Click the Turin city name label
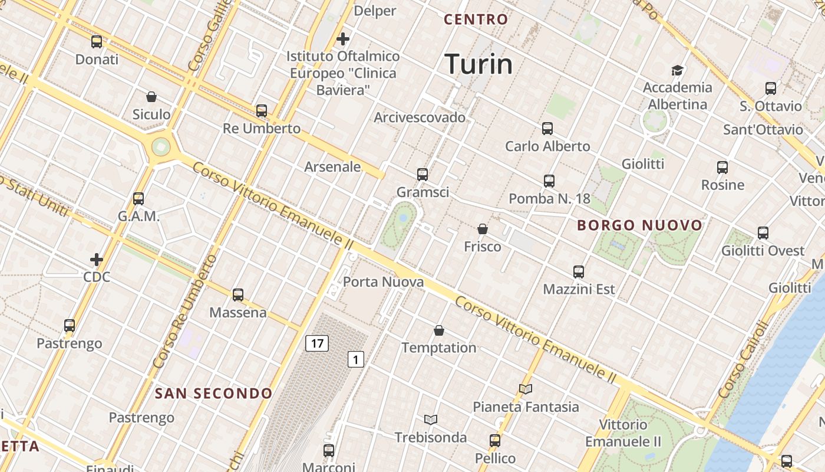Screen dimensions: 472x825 click(478, 64)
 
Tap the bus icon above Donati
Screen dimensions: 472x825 click(97, 42)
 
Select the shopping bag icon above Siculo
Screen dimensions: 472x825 click(151, 97)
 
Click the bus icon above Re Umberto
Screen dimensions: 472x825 click(262, 111)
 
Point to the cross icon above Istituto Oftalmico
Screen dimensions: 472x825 click(343, 39)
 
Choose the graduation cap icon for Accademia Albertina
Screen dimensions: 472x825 click(677, 70)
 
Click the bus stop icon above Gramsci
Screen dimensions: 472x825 click(423, 174)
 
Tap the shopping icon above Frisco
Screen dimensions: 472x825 click(483, 229)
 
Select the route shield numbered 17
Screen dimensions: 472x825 click(316, 343)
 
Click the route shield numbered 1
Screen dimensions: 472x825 click(355, 359)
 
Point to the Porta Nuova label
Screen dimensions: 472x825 click(383, 282)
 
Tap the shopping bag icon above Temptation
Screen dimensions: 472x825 click(439, 330)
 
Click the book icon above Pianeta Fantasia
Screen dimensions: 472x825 click(526, 389)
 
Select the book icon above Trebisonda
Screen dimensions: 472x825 click(431, 419)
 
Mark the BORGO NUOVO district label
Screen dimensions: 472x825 click(639, 225)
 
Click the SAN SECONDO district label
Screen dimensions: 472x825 click(213, 394)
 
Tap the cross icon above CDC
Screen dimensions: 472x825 click(97, 259)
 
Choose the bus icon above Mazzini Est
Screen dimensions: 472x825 click(579, 272)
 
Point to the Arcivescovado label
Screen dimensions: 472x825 click(420, 117)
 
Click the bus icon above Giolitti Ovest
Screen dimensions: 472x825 click(763, 233)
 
